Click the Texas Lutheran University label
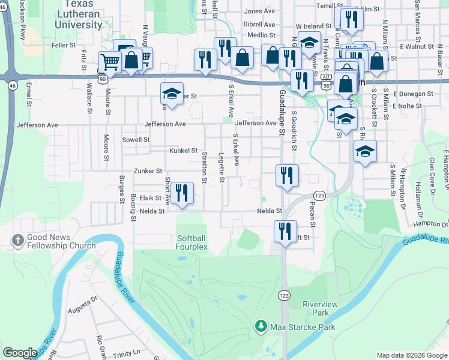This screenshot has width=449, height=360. pyautogui.click(x=78, y=19)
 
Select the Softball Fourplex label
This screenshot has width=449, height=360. pyautogui.click(x=191, y=242)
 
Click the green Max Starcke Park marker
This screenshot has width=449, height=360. pyautogui.click(x=261, y=326)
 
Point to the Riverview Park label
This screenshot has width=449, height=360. pyautogui.click(x=320, y=309)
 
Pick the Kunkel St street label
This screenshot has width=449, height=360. pyautogui.click(x=183, y=151)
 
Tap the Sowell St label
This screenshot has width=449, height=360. pyautogui.click(x=136, y=139)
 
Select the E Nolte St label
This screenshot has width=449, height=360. pyautogui.click(x=412, y=106)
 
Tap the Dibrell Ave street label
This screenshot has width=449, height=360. pyautogui.click(x=259, y=25)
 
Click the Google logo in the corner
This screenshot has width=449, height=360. pyautogui.click(x=20, y=353)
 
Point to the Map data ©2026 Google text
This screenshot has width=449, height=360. pyautogui.click(x=411, y=355)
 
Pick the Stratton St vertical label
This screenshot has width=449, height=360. pyautogui.click(x=205, y=167)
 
